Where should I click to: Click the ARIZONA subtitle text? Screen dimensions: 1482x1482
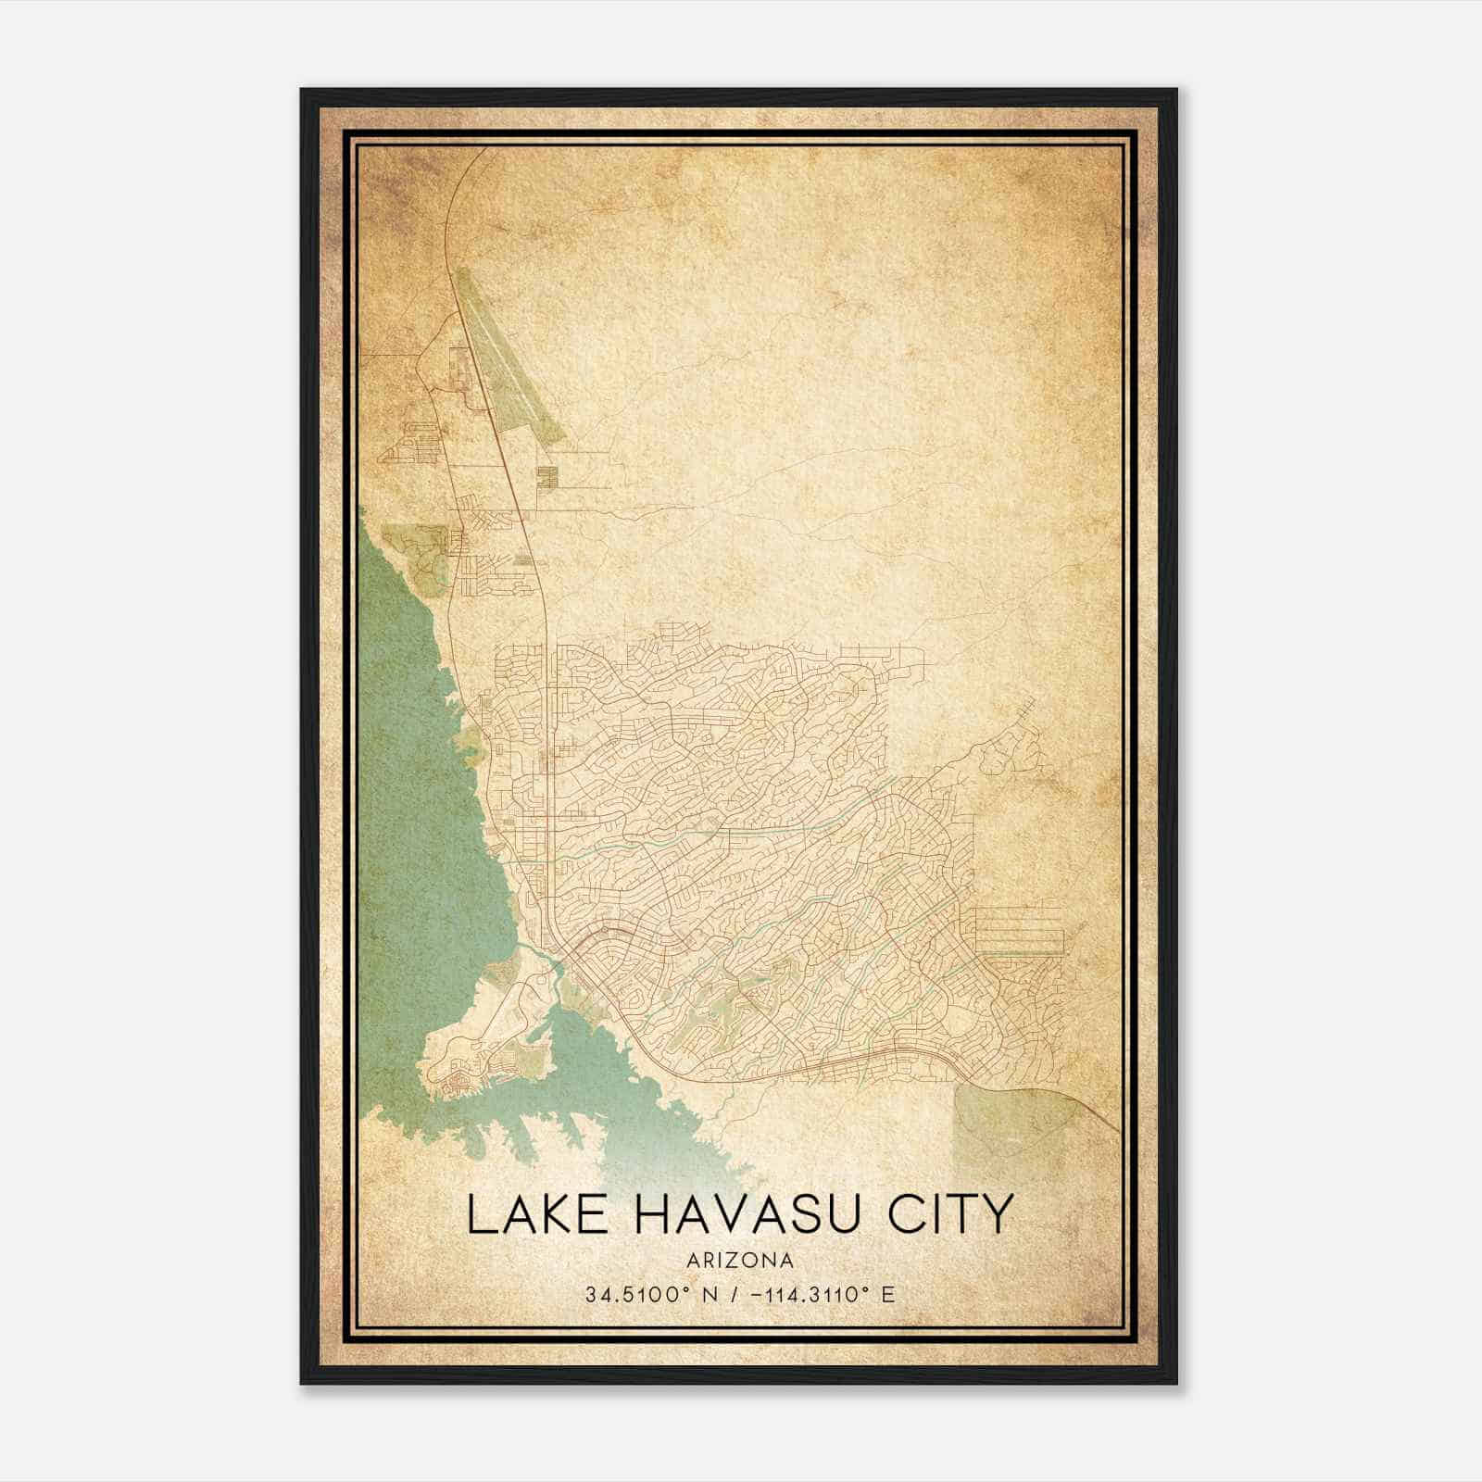pos(740,1260)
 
